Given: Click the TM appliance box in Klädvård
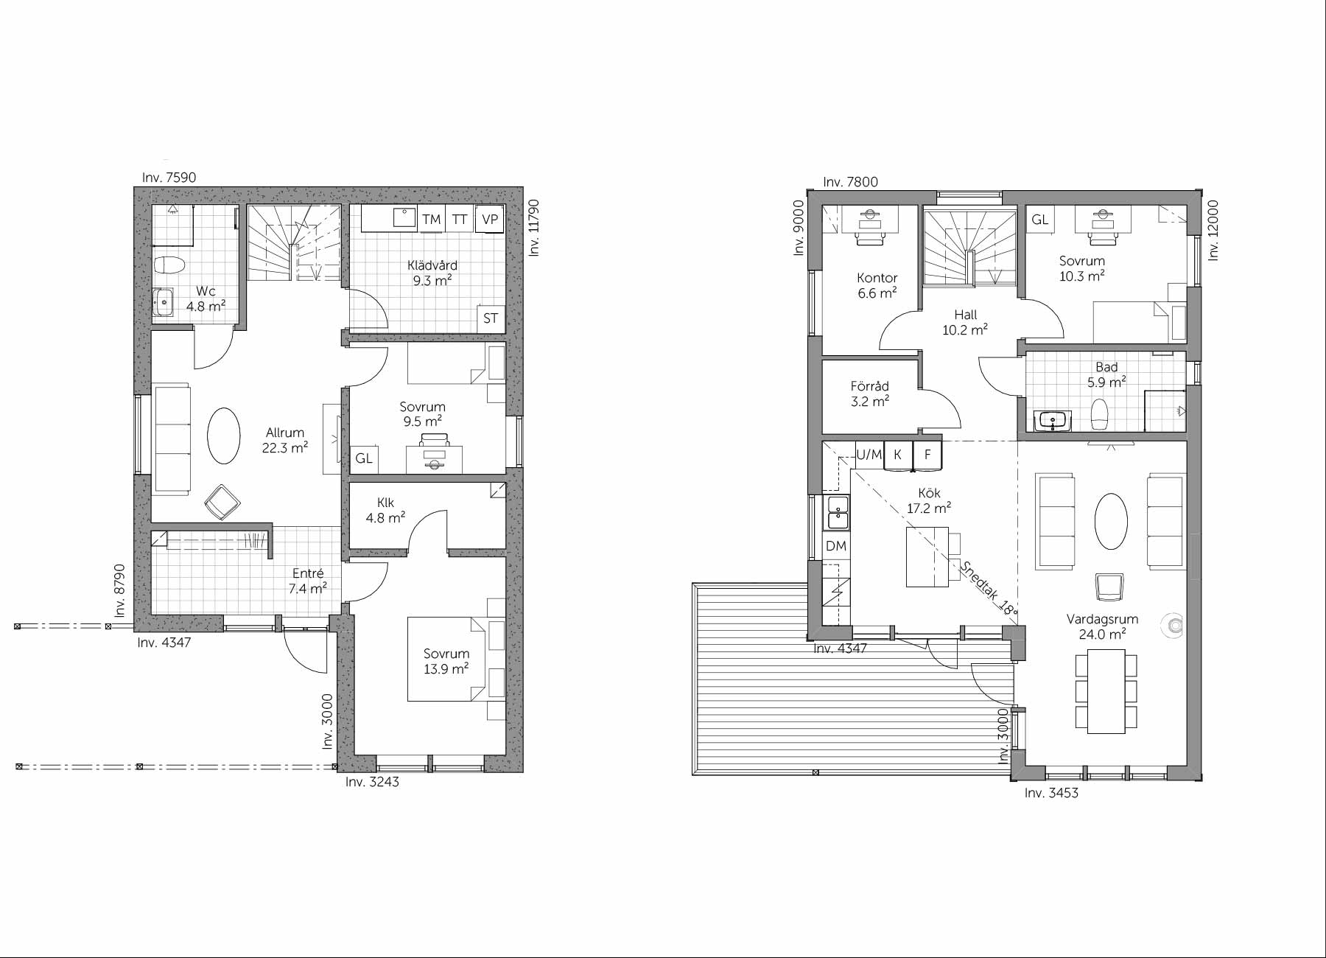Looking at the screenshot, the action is click(x=432, y=219).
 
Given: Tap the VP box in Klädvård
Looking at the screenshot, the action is click(x=490, y=219).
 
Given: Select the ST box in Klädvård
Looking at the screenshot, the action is click(x=491, y=318).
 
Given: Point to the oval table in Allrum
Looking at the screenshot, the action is click(x=223, y=435).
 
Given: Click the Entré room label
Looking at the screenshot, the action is click(x=308, y=573).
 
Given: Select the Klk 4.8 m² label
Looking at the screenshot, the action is click(x=385, y=510).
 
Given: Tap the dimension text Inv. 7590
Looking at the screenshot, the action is click(x=169, y=178).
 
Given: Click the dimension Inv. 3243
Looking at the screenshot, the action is click(x=372, y=782).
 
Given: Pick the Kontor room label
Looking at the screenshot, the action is click(x=877, y=278).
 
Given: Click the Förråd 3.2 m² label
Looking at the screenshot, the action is click(x=870, y=394).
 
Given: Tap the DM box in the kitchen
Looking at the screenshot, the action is click(x=836, y=546).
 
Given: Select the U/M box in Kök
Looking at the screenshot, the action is click(x=869, y=455).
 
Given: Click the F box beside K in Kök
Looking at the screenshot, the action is click(x=927, y=455).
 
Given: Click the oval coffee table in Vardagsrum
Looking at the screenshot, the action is click(x=1111, y=521).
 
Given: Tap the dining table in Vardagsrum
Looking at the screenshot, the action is click(x=1106, y=691).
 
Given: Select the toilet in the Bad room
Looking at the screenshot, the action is click(x=1099, y=415).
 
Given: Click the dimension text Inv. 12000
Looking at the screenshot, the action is click(x=1213, y=231).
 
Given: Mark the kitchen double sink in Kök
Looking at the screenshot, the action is click(x=838, y=513).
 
